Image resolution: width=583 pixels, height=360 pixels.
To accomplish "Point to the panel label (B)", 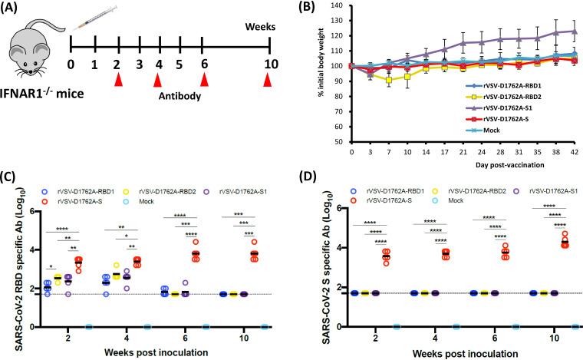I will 303,8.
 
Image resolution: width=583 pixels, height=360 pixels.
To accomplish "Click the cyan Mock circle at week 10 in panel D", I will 575,326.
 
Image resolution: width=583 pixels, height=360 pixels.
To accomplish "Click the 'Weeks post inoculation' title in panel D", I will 455,352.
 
